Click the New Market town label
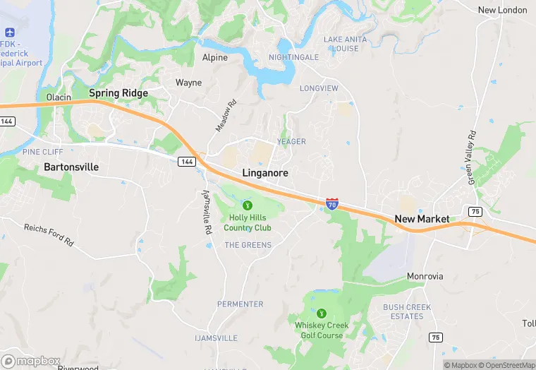[422, 219]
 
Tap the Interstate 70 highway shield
[332, 204]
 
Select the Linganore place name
[265, 172]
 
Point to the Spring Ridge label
[118, 93]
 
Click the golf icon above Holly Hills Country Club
[247, 205]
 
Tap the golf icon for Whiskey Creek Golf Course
[322, 312]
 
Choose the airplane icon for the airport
[10, 33]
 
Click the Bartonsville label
[71, 167]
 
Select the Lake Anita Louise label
[345, 44]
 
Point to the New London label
[502, 10]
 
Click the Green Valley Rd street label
[473, 157]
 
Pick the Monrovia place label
[425, 276]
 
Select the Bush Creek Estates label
[403, 311]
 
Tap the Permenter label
[240, 304]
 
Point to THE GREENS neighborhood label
[248, 245]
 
